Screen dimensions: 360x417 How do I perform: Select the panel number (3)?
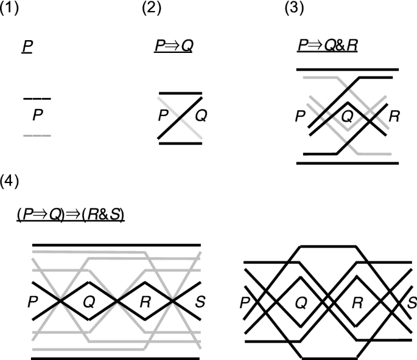click(296, 9)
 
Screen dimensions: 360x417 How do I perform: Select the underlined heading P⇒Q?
click(172, 46)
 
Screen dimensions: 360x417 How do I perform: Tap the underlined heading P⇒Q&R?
click(327, 47)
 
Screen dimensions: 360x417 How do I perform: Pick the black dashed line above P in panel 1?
click(37, 99)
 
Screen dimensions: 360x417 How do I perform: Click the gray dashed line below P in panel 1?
click(37, 135)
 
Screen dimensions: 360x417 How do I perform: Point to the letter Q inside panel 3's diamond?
click(346, 116)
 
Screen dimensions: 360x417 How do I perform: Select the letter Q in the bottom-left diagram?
click(88, 301)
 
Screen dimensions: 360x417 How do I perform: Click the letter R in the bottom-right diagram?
click(357, 301)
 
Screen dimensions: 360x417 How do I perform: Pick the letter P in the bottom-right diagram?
click(245, 301)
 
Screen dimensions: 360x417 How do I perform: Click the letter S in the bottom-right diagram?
click(412, 301)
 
